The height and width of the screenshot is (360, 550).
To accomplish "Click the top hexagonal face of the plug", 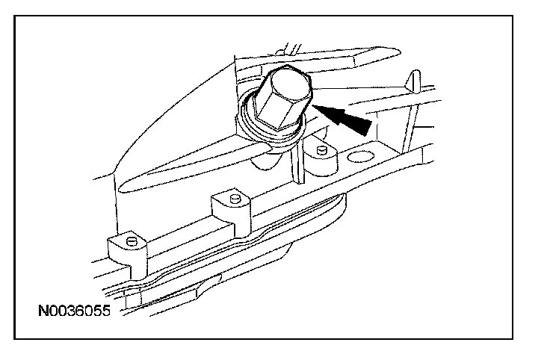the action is pos(288,81).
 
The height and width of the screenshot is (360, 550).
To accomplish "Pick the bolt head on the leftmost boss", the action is pos(132,240).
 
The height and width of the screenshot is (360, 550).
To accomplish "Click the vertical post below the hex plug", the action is pos(297,167).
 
